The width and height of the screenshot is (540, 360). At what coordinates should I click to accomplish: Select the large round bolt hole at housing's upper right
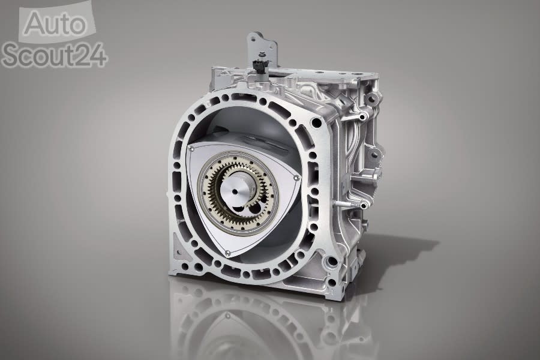coord(316,122)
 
